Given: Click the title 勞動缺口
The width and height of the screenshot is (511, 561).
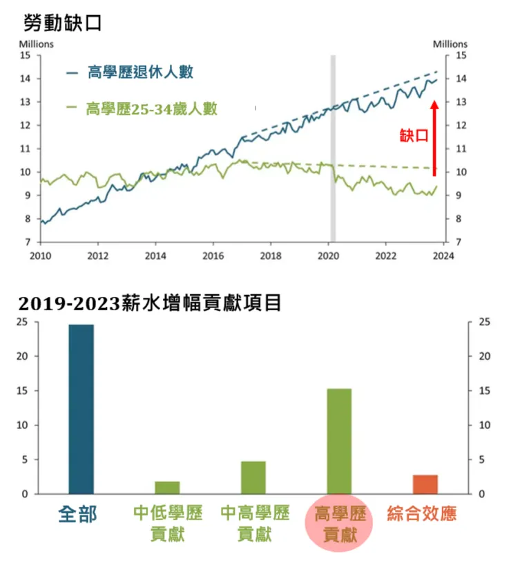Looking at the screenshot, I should [62, 23].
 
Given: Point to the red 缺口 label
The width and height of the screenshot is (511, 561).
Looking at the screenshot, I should [414, 135].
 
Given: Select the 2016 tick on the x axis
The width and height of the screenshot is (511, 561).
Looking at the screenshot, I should [213, 254].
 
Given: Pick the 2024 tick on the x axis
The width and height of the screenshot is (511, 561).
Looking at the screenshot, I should [443, 254].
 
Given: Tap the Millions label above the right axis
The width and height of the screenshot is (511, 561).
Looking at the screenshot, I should [450, 44].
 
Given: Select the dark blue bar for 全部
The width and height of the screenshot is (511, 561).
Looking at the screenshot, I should [81, 409].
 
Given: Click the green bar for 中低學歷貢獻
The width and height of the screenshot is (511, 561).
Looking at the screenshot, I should [167, 488].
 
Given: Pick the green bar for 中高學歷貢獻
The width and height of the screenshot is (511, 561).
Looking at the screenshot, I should [253, 477].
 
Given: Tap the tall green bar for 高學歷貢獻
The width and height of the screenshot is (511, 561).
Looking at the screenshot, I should [339, 441].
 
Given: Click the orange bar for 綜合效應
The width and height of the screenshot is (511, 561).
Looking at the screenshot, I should [425, 484].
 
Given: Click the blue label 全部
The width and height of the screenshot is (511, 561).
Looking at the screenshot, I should [79, 514].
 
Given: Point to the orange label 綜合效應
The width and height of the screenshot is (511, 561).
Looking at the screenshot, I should [423, 514].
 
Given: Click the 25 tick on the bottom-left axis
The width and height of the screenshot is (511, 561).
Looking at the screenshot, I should [23, 322].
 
